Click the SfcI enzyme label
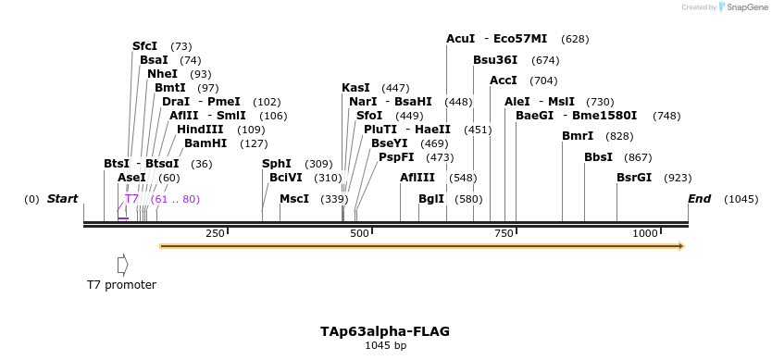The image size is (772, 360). [144, 45]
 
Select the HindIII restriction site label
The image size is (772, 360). [200, 129]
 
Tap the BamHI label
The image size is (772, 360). [205, 143]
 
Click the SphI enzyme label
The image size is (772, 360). [277, 164]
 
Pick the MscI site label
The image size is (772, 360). [294, 199]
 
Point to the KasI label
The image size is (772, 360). [355, 88]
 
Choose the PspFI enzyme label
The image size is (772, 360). [396, 157]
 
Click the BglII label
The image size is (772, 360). [431, 199]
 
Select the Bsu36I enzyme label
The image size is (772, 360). [495, 60]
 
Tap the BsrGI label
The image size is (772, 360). [634, 178]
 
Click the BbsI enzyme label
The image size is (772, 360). [598, 157]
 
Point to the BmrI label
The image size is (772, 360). [578, 136]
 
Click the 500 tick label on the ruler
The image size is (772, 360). [360, 234]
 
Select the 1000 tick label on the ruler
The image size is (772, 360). [646, 234]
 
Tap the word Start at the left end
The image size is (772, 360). [62, 199]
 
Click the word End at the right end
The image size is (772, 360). [699, 199]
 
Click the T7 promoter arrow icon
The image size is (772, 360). [122, 265]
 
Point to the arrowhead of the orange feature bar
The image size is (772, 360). [680, 246]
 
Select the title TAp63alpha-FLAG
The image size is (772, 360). [385, 330]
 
